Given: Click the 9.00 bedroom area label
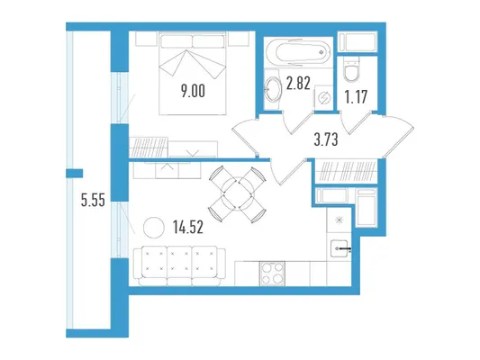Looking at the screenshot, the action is point(193,91).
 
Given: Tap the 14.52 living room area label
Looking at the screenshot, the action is point(188,228).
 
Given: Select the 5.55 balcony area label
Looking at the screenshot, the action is point(93,201).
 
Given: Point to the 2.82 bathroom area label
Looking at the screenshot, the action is point(298,84).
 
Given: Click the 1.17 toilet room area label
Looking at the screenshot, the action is point(356,97).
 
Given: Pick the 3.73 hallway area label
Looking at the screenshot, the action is point(326,139).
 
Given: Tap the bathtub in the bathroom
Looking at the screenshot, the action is point(298,51).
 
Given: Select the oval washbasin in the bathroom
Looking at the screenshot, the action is point(273,89).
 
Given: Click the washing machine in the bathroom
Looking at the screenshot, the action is point(324,98).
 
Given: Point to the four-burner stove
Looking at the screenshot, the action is point(272,274).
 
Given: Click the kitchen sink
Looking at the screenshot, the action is point(340,248).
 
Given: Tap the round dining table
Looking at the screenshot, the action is point(237,194).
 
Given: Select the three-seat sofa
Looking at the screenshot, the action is point(179,266).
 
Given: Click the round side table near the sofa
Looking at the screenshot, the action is point(154,228).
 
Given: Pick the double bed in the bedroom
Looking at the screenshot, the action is point(192,73).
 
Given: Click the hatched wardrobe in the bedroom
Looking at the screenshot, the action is point(149,148).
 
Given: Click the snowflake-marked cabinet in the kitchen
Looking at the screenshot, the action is point(339,220).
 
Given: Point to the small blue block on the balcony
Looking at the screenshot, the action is point(75,174).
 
